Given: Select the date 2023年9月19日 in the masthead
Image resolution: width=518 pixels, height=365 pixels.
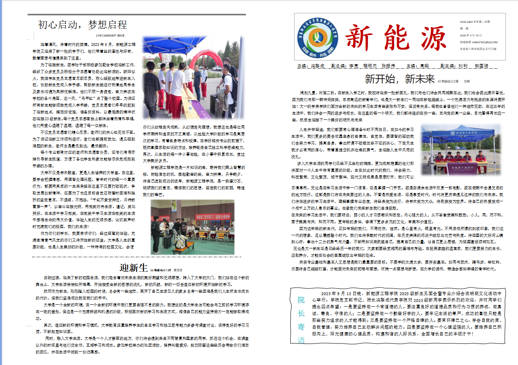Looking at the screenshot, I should [x=468, y=35].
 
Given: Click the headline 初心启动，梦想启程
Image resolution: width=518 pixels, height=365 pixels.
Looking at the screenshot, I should [x=82, y=25].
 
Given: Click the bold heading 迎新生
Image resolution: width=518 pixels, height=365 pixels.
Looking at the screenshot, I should [x=134, y=267].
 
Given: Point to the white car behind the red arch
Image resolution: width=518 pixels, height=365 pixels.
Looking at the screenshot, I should [x=216, y=68].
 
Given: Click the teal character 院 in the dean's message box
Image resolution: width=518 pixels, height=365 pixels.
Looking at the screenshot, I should [x=301, y=300].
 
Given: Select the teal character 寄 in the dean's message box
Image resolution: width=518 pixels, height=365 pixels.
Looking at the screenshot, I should [x=301, y=327].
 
